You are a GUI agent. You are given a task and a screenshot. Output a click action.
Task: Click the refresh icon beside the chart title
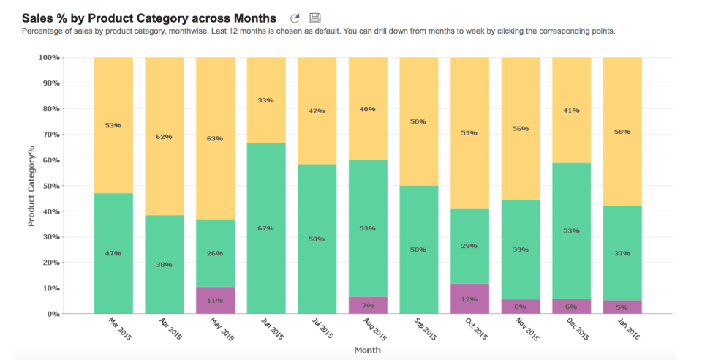(x=295, y=18)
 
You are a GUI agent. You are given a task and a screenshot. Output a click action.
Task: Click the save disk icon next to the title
(x=315, y=18)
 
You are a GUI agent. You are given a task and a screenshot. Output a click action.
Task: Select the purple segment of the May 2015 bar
(x=216, y=300)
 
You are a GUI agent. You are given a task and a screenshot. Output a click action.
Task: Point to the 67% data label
(x=266, y=228)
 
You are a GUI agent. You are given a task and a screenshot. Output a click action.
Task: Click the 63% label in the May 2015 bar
(x=215, y=138)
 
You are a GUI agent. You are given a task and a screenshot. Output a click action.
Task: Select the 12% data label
(x=469, y=299)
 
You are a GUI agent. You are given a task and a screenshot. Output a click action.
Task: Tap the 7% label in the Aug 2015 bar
(x=368, y=304)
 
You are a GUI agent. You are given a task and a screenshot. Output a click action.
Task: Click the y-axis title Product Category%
(x=31, y=185)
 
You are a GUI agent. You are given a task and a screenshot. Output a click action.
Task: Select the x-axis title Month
(x=367, y=350)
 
